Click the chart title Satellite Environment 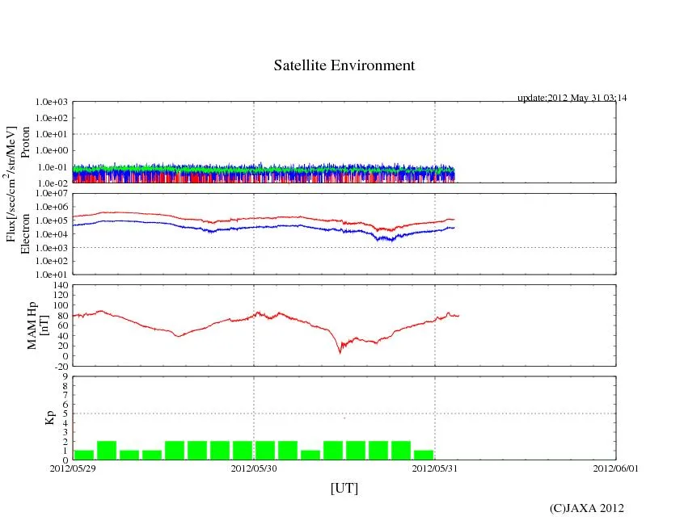pyautogui.click(x=344, y=65)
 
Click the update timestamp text pyautogui.click(x=572, y=98)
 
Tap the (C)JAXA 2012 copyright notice pyautogui.click(x=586, y=508)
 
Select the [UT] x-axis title pyautogui.click(x=344, y=488)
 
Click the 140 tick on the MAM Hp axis pyautogui.click(x=61, y=285)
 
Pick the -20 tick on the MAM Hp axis pyautogui.click(x=61, y=366)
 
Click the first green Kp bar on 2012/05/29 pyautogui.click(x=84, y=455)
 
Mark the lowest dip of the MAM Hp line pyautogui.click(x=340, y=352)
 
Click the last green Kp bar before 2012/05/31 pyautogui.click(x=424, y=455)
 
